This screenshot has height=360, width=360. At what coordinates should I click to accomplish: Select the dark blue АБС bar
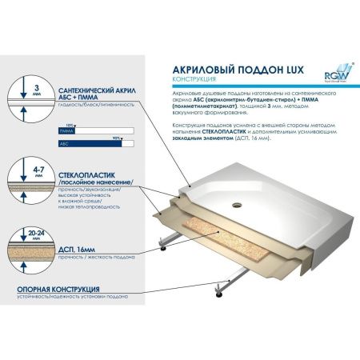(x=87, y=142)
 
